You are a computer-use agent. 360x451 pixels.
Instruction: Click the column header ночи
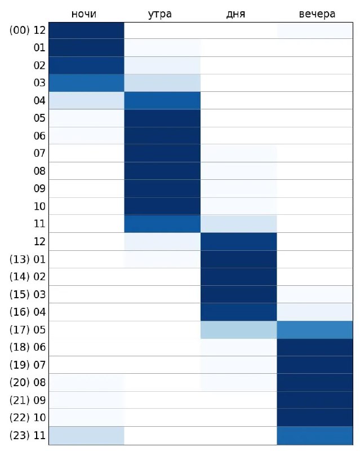point(86,14)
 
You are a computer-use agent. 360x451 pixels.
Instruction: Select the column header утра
point(162,14)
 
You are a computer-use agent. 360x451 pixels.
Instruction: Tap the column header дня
point(239,14)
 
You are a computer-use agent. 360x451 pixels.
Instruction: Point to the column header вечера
point(315,14)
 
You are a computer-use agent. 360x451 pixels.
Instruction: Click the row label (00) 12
point(28,30)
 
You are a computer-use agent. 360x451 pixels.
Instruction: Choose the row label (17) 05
point(28,329)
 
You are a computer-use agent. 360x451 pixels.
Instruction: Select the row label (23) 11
point(28,435)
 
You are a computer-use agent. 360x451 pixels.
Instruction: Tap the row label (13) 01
point(28,259)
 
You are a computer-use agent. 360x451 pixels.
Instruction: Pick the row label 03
point(39,83)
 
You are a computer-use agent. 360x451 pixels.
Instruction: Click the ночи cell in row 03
point(86,83)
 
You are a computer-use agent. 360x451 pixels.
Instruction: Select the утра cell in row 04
point(162,100)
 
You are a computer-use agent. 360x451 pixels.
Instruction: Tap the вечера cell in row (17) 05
point(315,329)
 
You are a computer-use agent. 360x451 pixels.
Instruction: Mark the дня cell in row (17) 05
point(239,329)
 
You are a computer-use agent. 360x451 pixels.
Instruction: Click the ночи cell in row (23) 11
point(86,435)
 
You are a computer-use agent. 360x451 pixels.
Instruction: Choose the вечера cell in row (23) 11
point(315,435)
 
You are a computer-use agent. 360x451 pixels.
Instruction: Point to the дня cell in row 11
point(239,224)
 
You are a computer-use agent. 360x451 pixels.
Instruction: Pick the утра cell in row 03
point(162,83)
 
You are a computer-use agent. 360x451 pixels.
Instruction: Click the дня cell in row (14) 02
point(239,277)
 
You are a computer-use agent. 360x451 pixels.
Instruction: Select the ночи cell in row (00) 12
point(86,30)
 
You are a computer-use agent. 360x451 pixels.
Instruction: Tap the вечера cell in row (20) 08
point(315,382)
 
